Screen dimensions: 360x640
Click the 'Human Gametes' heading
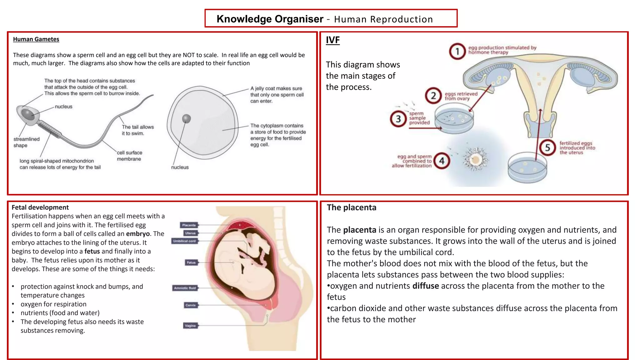click(x=36, y=39)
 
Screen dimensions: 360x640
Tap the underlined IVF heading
click(x=332, y=40)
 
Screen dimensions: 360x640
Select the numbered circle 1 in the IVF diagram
click(x=457, y=51)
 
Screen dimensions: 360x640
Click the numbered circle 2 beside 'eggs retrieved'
click(x=433, y=96)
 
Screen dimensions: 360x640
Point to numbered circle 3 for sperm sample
click(x=398, y=119)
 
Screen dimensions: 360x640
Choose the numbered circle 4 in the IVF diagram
click(x=442, y=161)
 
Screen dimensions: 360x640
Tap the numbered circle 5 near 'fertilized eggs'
click(x=547, y=147)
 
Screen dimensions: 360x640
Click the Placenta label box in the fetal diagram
click(x=189, y=225)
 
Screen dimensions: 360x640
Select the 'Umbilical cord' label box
click(x=184, y=241)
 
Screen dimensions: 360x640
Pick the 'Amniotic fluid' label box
click(x=185, y=288)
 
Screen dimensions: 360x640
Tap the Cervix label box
click(x=190, y=305)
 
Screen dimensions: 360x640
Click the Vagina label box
click(x=190, y=326)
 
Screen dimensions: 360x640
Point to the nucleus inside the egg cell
click(x=186, y=118)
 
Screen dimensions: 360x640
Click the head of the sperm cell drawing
click(x=27, y=114)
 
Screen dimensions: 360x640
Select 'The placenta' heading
click(x=352, y=207)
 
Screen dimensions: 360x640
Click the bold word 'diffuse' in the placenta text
click(x=426, y=286)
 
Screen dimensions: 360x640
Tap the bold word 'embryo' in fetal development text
click(x=138, y=234)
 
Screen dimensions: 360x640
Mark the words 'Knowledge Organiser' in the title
click(x=270, y=19)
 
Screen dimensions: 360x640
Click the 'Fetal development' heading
click(x=40, y=207)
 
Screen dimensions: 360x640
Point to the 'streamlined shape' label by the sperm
click(x=26, y=142)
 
